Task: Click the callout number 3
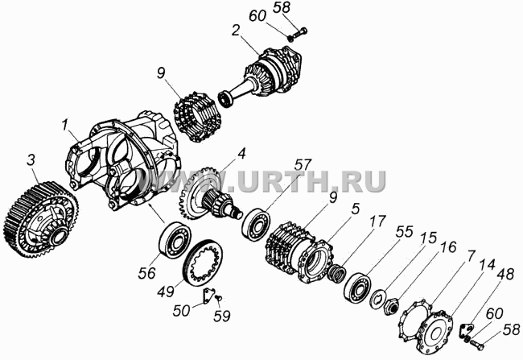click(x=31, y=160)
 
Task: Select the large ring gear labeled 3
click(x=41, y=220)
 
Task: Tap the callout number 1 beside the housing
click(x=64, y=125)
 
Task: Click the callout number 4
click(x=241, y=154)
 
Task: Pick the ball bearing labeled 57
click(x=256, y=225)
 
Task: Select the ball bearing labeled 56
click(x=175, y=239)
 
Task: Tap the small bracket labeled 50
click(x=209, y=296)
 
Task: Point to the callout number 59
click(x=221, y=316)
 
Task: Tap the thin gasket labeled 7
click(x=414, y=320)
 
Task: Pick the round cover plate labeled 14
click(x=435, y=332)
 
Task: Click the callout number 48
click(x=505, y=274)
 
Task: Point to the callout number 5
click(x=356, y=209)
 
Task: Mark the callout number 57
click(x=303, y=164)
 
